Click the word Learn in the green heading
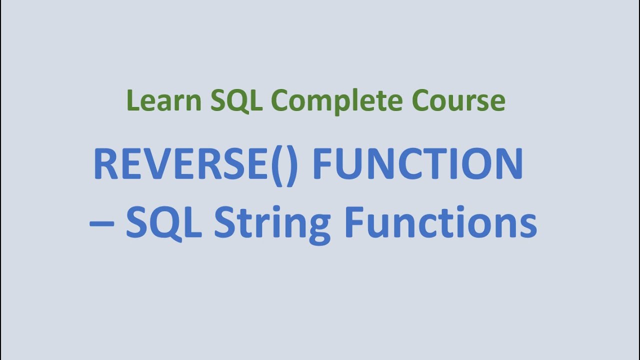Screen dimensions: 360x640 point(164,100)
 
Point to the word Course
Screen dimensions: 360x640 point(458,100)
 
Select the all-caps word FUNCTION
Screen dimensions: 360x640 point(417,164)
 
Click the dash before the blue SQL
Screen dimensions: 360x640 point(102,223)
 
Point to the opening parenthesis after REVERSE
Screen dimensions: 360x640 point(277,165)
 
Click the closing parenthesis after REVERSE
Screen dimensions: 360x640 point(292,165)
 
